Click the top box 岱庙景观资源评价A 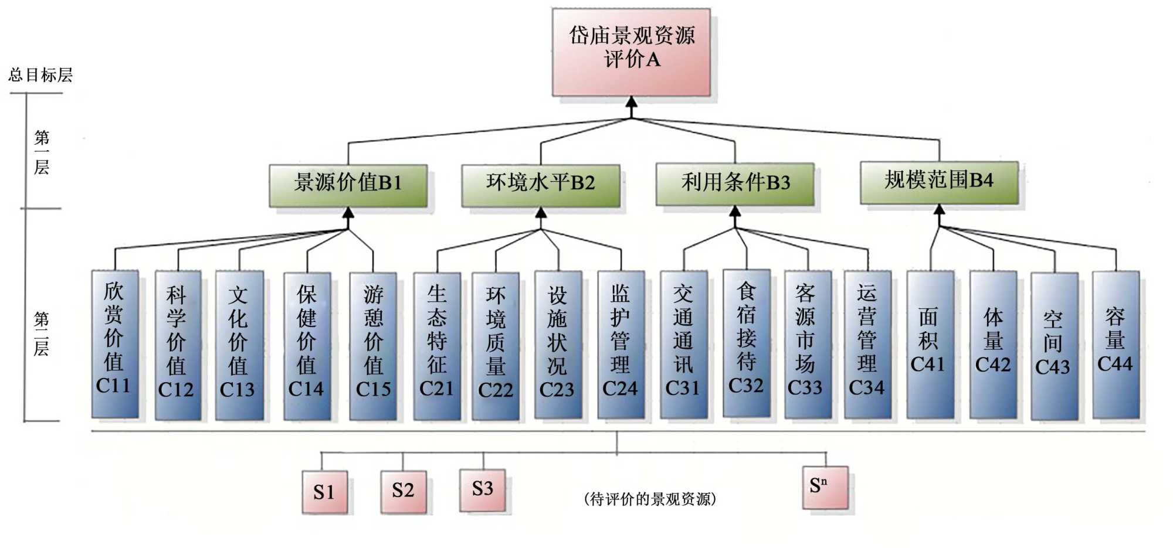631,52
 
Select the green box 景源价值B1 348,185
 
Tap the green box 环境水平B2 540,185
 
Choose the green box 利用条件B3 735,183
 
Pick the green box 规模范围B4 939,182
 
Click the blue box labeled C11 115,343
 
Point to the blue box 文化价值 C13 239,345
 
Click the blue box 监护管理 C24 621,345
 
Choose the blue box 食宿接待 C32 746,343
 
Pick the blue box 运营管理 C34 867,344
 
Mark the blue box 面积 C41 930,344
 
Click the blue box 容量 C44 1116,344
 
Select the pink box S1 324,492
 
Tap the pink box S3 483,489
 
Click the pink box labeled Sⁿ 825,487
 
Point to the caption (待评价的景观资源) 650,499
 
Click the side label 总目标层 40,75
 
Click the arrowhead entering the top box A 631,102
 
